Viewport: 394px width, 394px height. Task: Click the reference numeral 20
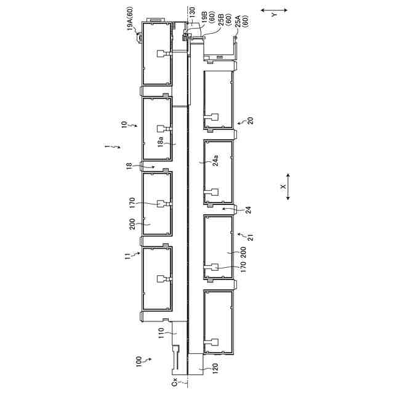click(250, 121)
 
